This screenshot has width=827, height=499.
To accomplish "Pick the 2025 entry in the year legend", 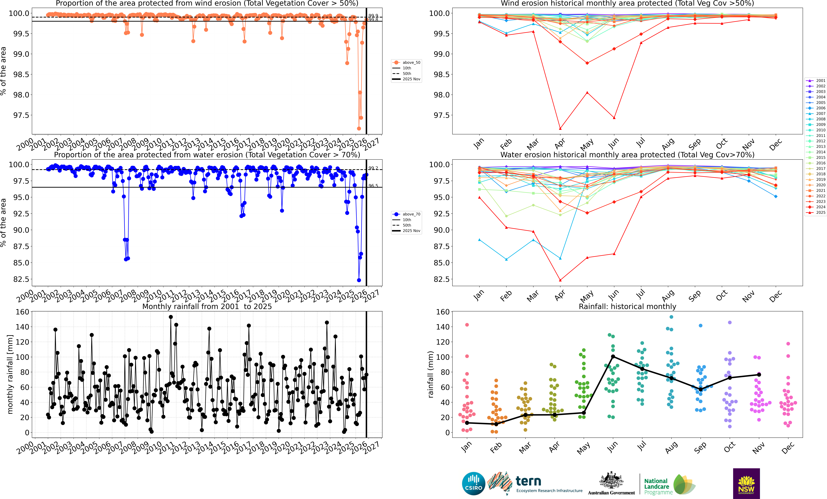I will tap(820, 212).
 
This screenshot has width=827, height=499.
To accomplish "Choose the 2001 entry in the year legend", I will tap(820, 81).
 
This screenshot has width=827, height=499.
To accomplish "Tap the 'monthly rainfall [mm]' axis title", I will tap(10, 374).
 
